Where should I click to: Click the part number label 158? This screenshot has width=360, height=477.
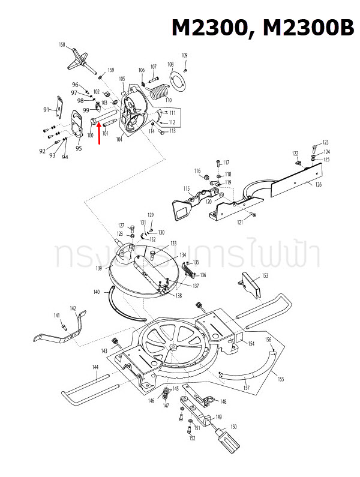click(62, 45)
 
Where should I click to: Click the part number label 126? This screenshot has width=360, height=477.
click(318, 184)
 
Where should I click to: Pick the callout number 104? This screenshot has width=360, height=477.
click(119, 139)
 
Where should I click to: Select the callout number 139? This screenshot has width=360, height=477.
click(98, 267)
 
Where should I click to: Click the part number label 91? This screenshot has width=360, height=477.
click(46, 110)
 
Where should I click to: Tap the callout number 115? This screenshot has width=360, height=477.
click(187, 188)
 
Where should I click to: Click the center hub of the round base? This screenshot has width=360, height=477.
click(173, 347)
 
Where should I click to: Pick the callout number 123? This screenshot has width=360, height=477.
click(326, 142)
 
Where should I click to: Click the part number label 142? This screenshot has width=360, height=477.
click(73, 308)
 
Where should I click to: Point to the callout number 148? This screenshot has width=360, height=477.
click(223, 401)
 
